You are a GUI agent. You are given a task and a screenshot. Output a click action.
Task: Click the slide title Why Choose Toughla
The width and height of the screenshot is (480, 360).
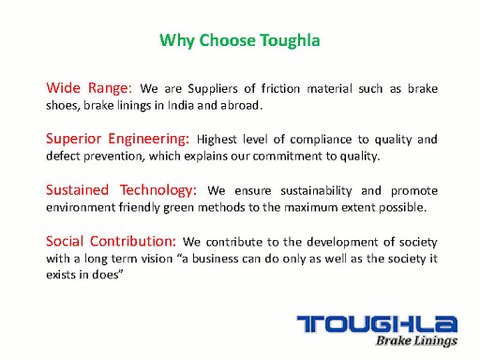(239, 41)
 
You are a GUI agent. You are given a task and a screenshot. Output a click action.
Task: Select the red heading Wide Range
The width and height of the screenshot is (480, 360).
(90, 88)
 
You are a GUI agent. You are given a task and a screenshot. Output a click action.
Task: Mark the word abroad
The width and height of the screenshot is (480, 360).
(246, 106)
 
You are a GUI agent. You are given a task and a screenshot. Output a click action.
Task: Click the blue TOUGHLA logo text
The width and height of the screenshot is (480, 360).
(377, 323)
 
